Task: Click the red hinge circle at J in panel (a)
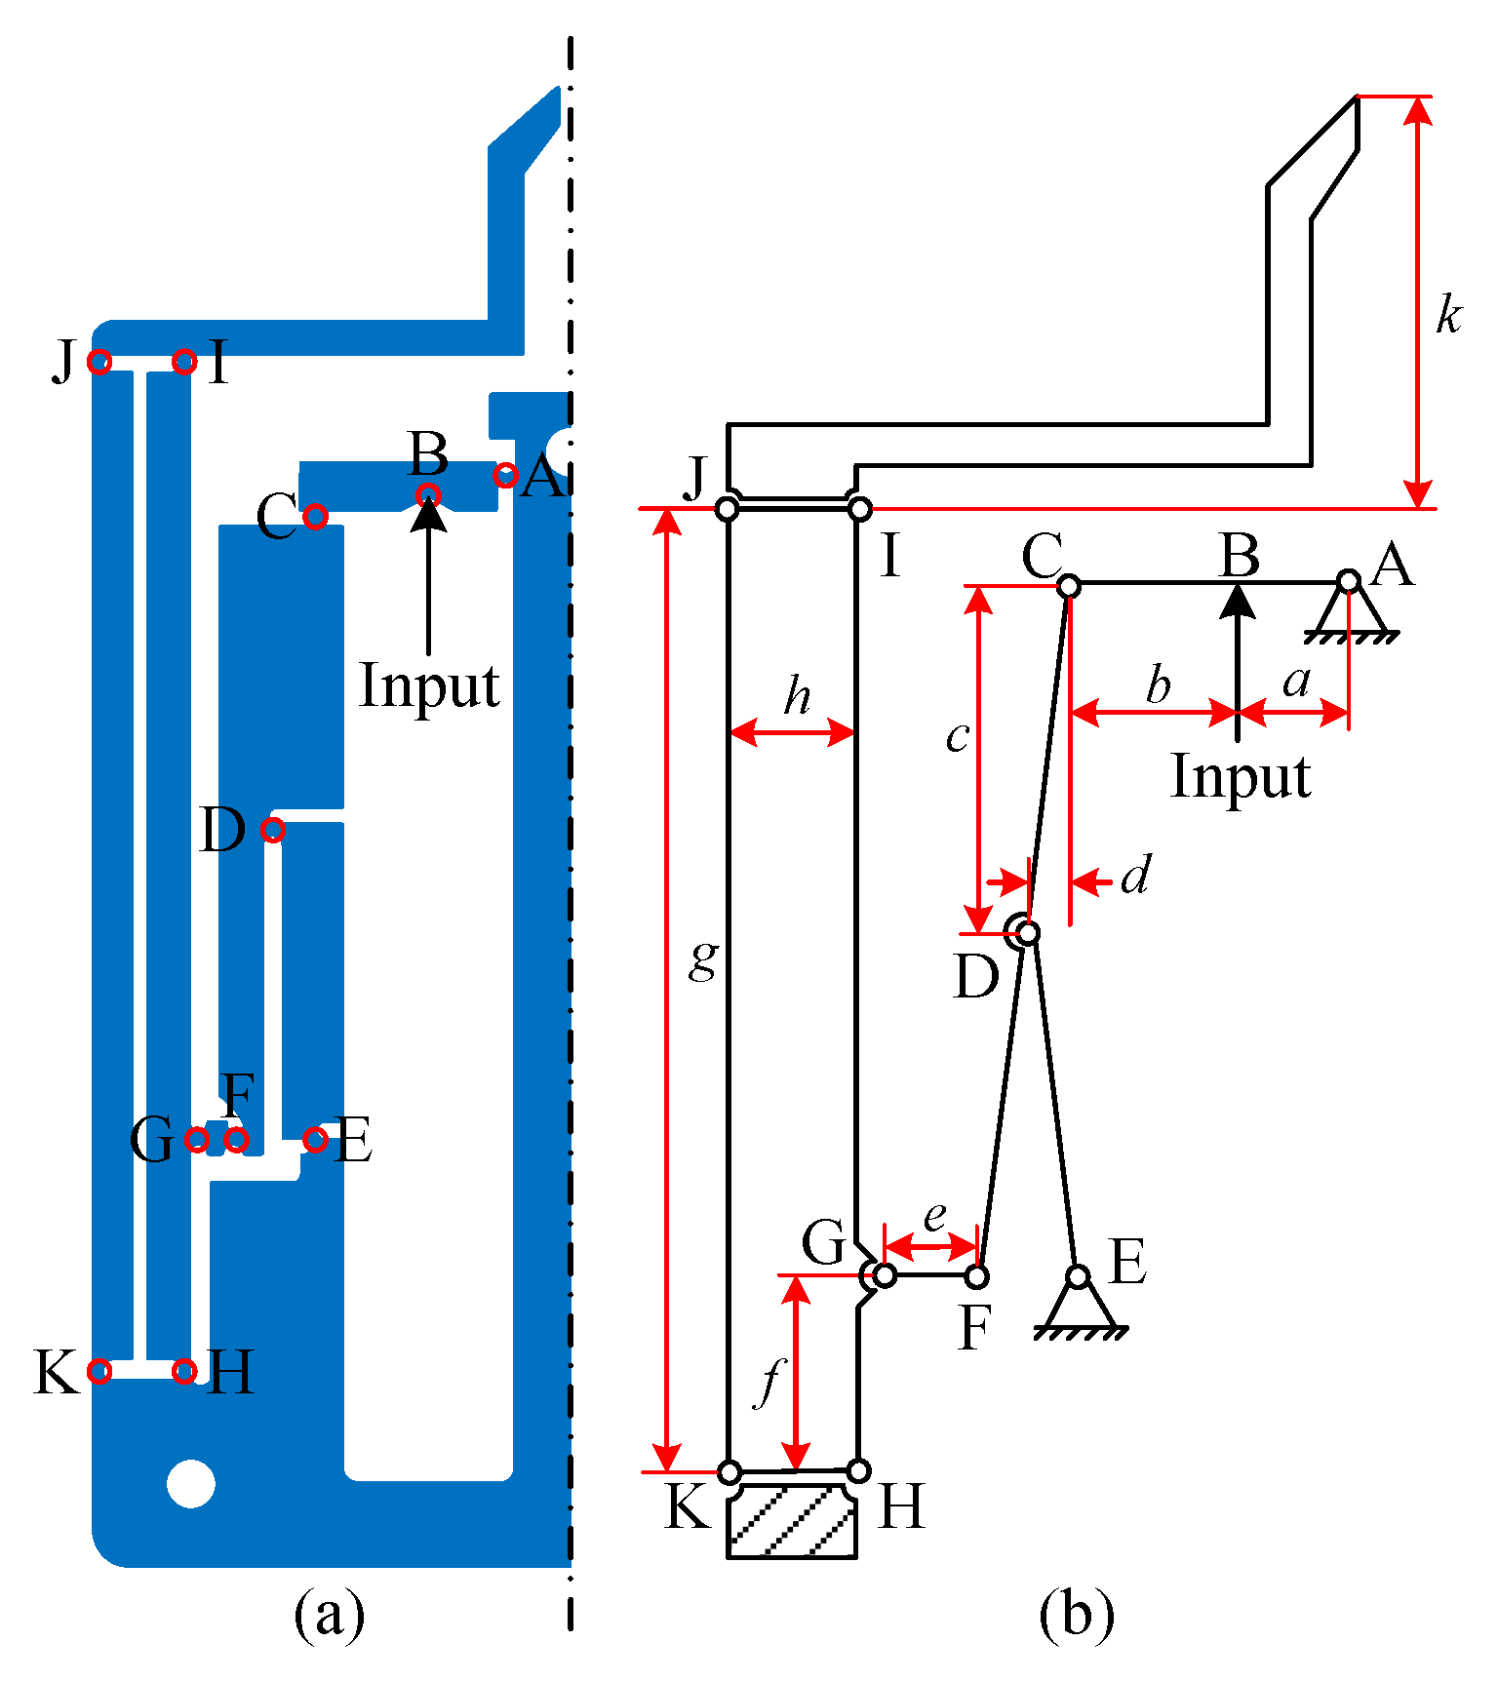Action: (x=99, y=362)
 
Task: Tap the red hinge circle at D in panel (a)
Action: (x=273, y=830)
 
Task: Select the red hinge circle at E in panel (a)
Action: (x=314, y=1139)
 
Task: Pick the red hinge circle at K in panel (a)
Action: (x=99, y=1371)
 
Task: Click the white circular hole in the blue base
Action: (x=191, y=1483)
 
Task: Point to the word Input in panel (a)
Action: (x=429, y=685)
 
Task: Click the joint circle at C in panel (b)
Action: (x=1069, y=586)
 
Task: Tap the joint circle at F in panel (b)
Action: (x=976, y=1275)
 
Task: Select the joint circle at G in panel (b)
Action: (x=884, y=1274)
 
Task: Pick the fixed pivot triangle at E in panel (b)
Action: (x=1079, y=1305)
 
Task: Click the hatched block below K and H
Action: (x=793, y=1521)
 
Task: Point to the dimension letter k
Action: (x=1448, y=316)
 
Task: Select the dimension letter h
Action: (x=797, y=696)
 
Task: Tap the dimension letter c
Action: (x=958, y=737)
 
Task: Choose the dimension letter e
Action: (x=934, y=1216)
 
